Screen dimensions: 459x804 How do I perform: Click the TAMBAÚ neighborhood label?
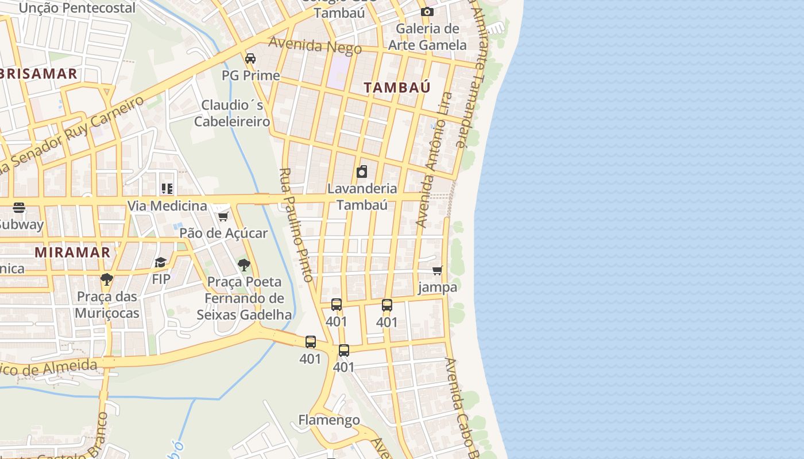(397, 87)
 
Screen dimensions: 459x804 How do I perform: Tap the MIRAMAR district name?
(72, 252)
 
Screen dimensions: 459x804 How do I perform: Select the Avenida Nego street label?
(315, 45)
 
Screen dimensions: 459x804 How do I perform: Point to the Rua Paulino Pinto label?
(296, 225)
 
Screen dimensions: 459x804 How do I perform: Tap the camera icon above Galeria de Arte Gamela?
(427, 11)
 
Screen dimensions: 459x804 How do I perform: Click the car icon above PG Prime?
(250, 58)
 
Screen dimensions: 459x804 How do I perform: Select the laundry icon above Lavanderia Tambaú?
(362, 171)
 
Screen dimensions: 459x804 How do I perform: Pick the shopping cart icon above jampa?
(438, 270)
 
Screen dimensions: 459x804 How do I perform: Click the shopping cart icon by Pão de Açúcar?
(223, 216)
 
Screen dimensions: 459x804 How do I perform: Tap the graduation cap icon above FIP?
(160, 262)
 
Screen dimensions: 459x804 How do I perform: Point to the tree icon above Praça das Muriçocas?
(106, 279)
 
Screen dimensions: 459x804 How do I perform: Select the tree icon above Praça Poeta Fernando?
(244, 264)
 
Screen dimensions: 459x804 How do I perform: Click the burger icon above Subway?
(19, 207)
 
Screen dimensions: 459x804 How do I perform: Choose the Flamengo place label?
(329, 420)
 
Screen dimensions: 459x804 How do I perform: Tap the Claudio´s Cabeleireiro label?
(232, 114)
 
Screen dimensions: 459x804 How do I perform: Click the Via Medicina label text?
(167, 206)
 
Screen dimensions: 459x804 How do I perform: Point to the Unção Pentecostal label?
(78, 8)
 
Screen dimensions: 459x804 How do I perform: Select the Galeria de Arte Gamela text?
(427, 37)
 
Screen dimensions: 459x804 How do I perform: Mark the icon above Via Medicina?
(167, 188)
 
